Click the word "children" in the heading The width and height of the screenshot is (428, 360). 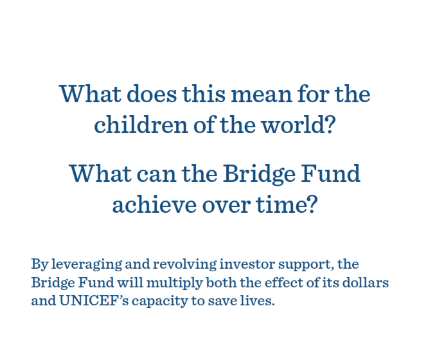tap(141, 125)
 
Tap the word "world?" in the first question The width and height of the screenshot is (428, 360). tap(298, 125)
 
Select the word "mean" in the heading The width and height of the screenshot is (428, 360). tap(262, 94)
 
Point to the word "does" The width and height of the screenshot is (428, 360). tap(152, 93)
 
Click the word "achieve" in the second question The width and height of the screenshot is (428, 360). tap(154, 204)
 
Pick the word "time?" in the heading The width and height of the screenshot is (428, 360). tap(287, 204)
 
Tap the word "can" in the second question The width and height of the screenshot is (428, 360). tap(156, 175)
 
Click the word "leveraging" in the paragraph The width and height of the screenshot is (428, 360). tap(87, 264)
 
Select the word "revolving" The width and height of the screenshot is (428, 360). tap(185, 264)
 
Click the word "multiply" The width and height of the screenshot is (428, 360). tap(175, 283)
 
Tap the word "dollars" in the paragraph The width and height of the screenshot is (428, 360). tap(366, 282)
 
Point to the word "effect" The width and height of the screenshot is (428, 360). tap(284, 282)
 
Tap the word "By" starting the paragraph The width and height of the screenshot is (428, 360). tap(40, 264)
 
